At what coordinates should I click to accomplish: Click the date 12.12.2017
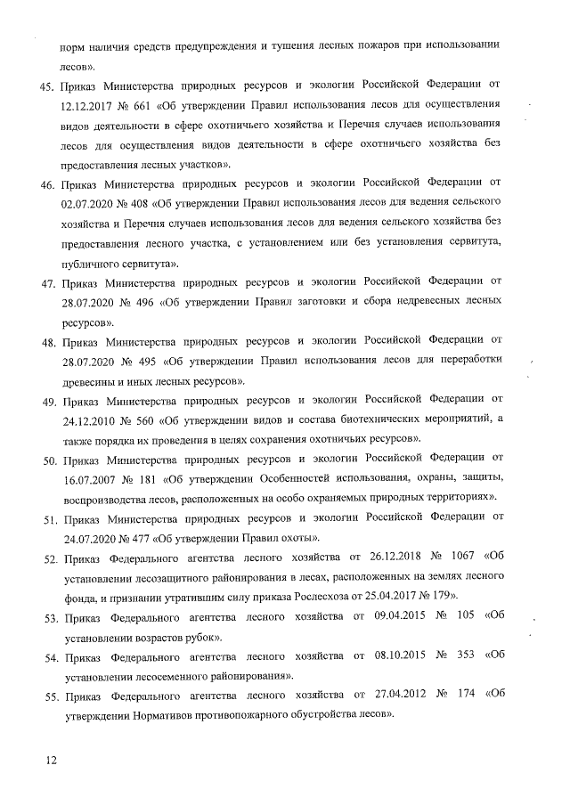pyautogui.click(x=88, y=104)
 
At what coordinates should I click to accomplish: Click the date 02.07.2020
pyautogui.click(x=88, y=203)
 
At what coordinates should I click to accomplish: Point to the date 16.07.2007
pyautogui.click(x=88, y=481)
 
